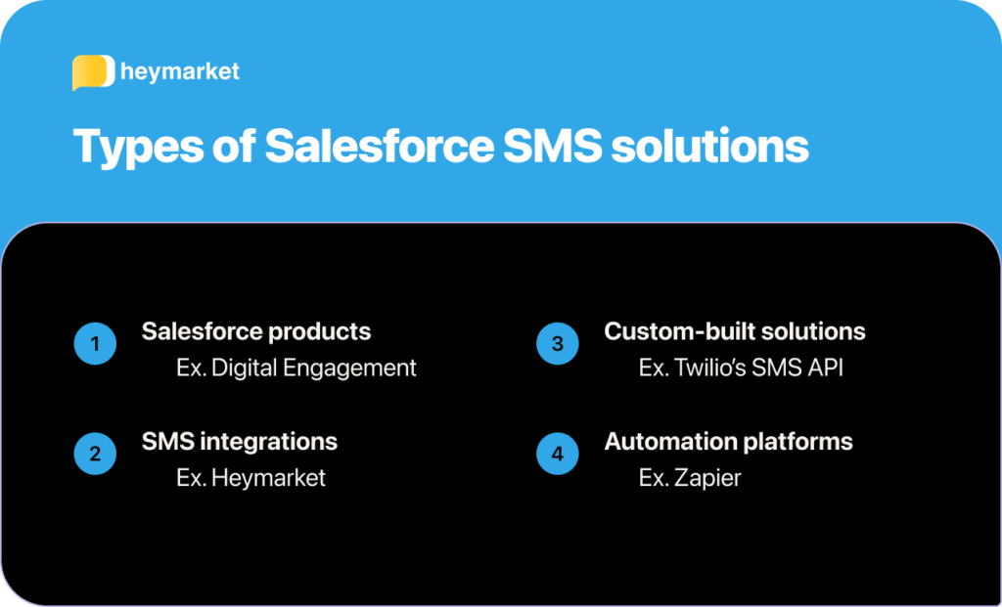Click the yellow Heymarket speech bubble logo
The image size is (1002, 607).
[93, 72]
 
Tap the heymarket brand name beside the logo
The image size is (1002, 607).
[179, 71]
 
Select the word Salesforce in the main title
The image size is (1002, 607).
[379, 147]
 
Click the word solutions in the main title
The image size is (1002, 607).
[710, 147]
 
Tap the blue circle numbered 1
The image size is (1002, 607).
[95, 344]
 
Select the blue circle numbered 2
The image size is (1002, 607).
[95, 454]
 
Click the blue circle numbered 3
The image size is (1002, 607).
[558, 344]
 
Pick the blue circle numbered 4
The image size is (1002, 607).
[558, 454]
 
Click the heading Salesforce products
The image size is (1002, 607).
[256, 331]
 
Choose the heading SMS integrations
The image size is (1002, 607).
[240, 441]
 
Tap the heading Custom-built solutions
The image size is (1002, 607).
[735, 331]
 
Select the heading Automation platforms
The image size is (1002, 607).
[728, 441]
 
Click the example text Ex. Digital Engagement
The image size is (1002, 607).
[296, 368]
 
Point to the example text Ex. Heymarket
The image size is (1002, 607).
[251, 478]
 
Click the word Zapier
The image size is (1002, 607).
[707, 478]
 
